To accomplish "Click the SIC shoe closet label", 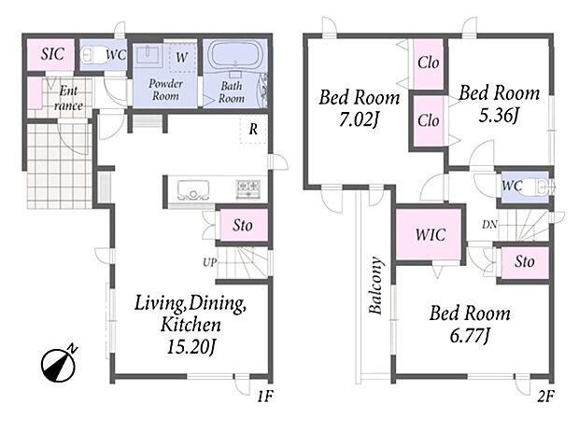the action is [52, 54].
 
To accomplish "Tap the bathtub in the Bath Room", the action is [234, 53].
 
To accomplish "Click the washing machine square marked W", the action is [181, 57].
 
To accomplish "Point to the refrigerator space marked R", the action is [253, 129].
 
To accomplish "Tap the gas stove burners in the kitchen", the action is [248, 188].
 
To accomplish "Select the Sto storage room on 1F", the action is [244, 226].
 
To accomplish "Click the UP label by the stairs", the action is [210, 263].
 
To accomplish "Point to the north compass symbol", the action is [59, 364].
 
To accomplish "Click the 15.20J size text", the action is [191, 347].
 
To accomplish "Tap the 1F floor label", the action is [265, 397].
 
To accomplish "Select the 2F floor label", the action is [545, 397].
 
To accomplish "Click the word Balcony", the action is [376, 286].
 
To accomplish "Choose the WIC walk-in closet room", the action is [429, 234].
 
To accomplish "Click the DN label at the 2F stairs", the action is [489, 224].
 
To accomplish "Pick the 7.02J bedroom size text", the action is [360, 120].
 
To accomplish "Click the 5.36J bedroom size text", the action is [499, 116].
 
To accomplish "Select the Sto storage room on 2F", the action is [525, 262].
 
